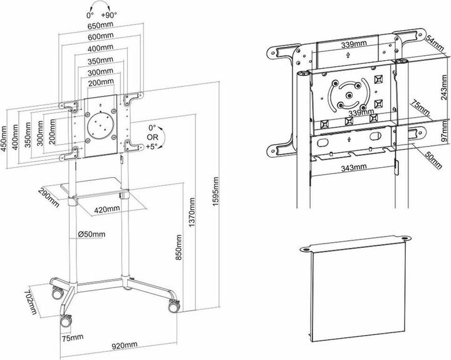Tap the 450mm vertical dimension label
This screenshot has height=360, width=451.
coord(6,137)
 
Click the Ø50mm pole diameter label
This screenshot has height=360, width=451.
coord(92,234)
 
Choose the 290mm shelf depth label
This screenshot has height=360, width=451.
coord(48,197)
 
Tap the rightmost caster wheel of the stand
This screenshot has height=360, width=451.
coord(173,306)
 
